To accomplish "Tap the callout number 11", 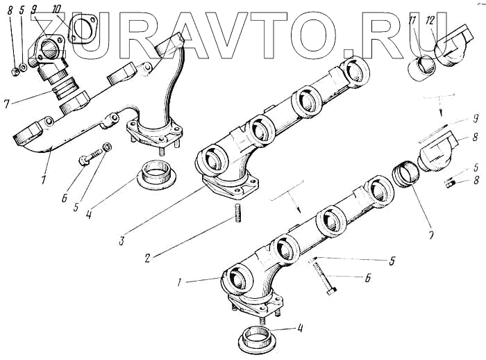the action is [414, 21].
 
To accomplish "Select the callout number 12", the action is [430, 21].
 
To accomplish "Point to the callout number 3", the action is [121, 241].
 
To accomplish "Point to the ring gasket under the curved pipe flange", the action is [158, 174].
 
